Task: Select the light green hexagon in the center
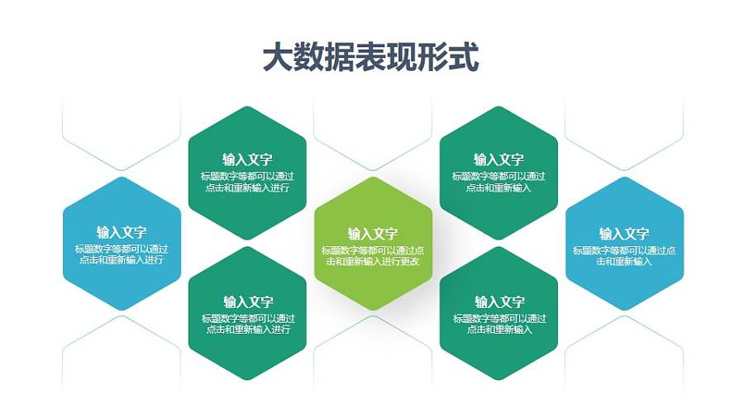pos(373,244)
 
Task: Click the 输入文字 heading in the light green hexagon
pos(373,234)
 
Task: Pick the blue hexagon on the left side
pos(122,244)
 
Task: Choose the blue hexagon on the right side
pos(624,244)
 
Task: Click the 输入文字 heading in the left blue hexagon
pos(122,232)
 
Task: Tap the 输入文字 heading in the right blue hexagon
pos(624,234)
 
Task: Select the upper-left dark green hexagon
pos(247,173)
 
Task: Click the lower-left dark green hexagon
pos(247,314)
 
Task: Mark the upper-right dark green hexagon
pos(498,173)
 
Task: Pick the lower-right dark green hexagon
pos(498,314)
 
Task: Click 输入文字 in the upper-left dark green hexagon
pos(247,159)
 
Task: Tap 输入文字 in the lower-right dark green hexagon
pos(498,302)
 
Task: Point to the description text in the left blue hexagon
pos(122,254)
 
